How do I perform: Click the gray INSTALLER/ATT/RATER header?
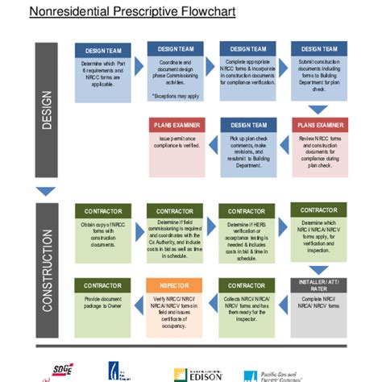[x=320, y=286]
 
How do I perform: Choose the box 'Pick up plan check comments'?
[x=248, y=151]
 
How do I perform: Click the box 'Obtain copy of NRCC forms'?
[x=102, y=228]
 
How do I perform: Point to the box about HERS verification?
[x=248, y=233]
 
